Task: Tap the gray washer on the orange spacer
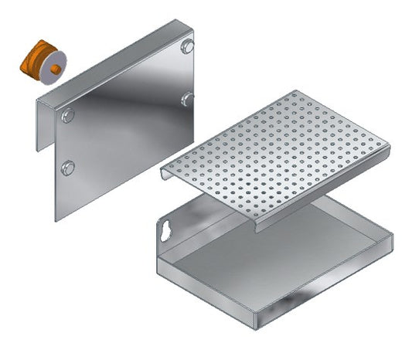pos(55,67)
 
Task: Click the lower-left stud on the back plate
pos(68,166)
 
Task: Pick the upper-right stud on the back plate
pos(187,48)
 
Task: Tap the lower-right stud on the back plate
pos(188,98)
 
